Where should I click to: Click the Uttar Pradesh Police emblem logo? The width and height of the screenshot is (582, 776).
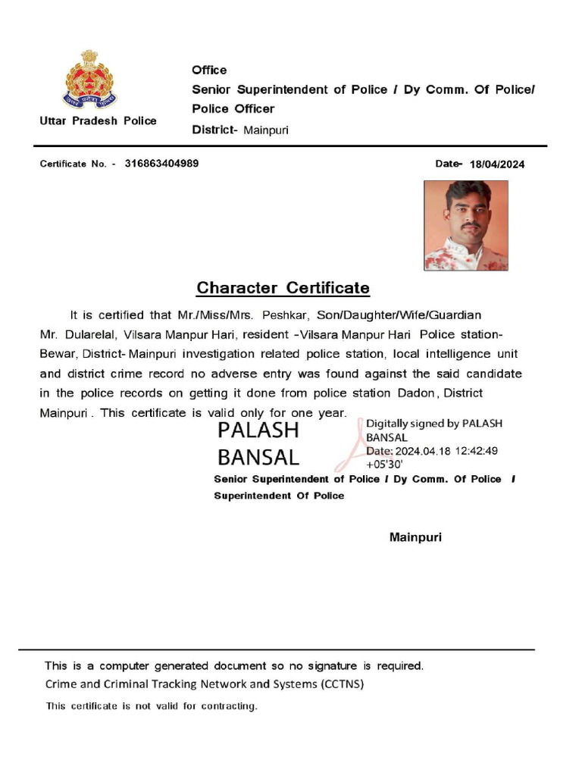[89, 80]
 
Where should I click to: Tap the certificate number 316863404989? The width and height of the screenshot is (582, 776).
[162, 163]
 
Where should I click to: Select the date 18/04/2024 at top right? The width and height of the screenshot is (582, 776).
[497, 164]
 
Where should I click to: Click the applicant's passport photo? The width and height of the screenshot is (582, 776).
[465, 225]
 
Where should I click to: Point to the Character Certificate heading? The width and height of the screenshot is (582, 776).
[283, 288]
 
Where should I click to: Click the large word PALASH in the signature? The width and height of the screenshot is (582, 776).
[258, 430]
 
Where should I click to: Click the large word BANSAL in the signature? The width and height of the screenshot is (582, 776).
[258, 457]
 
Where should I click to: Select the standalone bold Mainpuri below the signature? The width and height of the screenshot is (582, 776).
[415, 537]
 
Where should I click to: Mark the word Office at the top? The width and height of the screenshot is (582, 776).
[209, 70]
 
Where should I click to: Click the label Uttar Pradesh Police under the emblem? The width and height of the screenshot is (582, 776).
[99, 120]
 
